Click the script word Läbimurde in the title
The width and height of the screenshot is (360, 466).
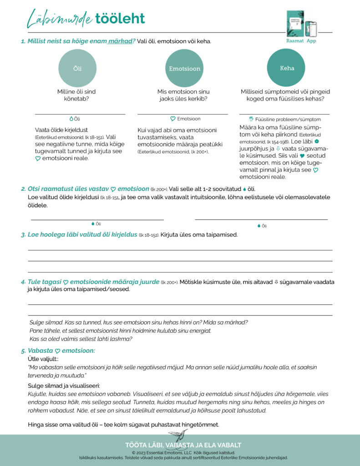pyautogui.click(x=59, y=19)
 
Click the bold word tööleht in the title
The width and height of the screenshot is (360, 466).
pyautogui.click(x=120, y=19)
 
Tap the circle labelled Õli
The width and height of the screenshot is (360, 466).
pyautogui.click(x=77, y=68)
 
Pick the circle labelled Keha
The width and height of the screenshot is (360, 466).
pyautogui.click(x=286, y=68)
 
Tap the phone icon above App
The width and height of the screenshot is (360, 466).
pyautogui.click(x=311, y=29)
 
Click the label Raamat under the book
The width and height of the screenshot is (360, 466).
pyautogui.click(x=294, y=41)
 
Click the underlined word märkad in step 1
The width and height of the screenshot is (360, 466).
pyautogui.click(x=121, y=41)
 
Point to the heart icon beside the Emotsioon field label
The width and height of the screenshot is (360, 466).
pyautogui.click(x=173, y=119)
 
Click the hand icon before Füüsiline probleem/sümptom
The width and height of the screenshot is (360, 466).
pyautogui.click(x=251, y=119)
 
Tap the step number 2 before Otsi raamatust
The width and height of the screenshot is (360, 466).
pyautogui.click(x=23, y=189)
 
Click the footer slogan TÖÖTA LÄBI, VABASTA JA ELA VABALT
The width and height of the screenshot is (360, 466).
pyautogui.click(x=183, y=445)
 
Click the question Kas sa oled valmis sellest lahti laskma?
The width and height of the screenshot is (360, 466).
pyautogui.click(x=81, y=339)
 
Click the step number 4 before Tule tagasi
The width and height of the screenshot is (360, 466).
pyautogui.click(x=23, y=282)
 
